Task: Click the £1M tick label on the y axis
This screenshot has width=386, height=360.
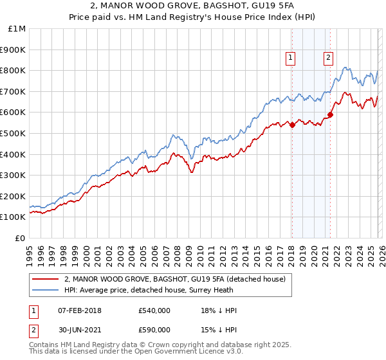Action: (17, 29)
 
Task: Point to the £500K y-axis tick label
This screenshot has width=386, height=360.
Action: (14, 133)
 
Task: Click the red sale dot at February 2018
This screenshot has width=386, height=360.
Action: (291, 125)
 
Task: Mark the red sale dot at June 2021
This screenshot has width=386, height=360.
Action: (330, 114)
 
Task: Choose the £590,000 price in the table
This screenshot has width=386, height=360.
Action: (154, 329)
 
